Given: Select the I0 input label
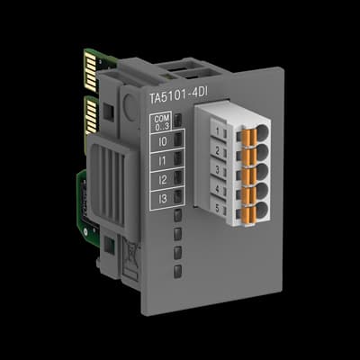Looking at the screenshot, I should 161,140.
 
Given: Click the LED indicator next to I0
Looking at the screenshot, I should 178,139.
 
